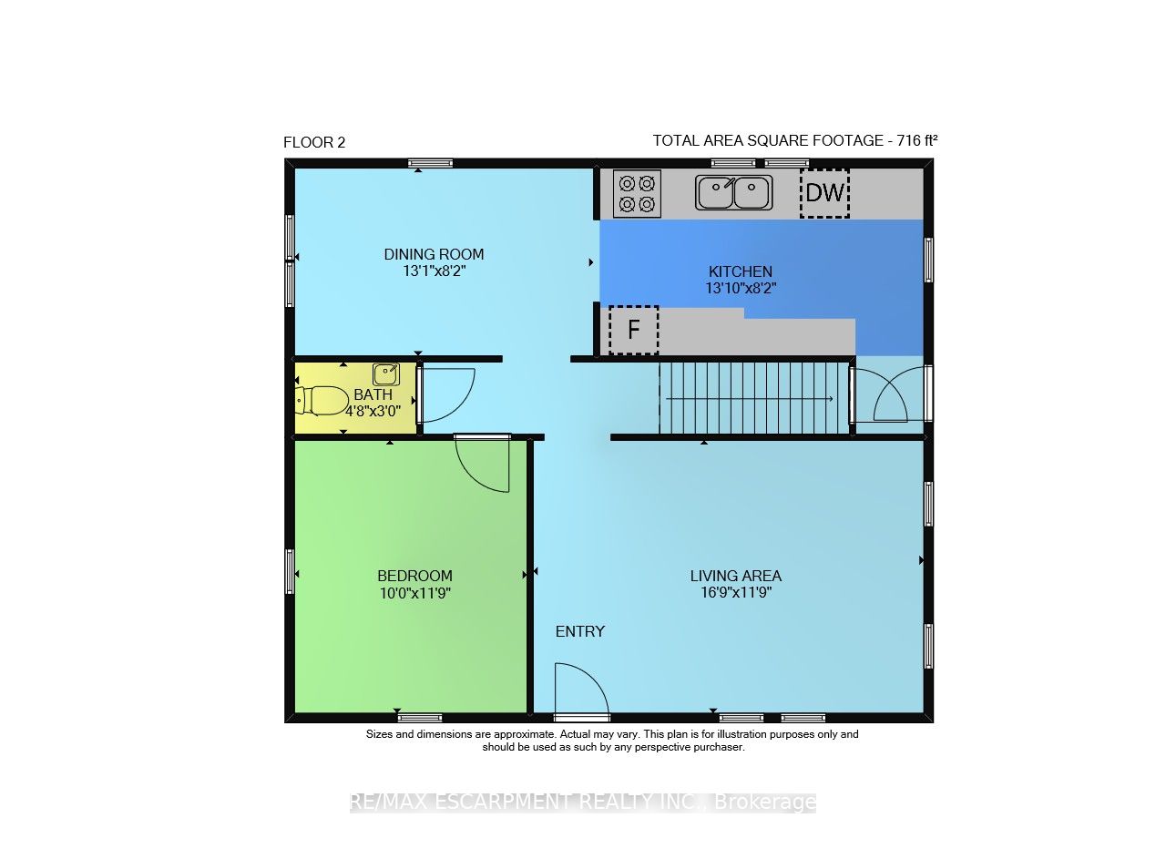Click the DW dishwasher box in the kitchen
tap(824, 193)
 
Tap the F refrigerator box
tap(633, 330)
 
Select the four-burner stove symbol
tap(637, 194)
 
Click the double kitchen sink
tap(733, 192)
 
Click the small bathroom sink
tap(385, 374)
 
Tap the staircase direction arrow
tap(750, 399)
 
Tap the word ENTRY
tap(580, 631)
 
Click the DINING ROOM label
tap(434, 254)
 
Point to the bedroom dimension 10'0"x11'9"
tap(414, 593)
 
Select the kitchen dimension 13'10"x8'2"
tap(741, 288)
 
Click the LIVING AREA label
tap(735, 576)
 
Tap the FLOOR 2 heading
tap(314, 142)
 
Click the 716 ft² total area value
tap(916, 140)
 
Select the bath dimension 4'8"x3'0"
tap(373, 411)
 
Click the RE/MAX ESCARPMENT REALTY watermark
tap(583, 803)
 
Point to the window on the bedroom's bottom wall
tap(420, 718)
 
